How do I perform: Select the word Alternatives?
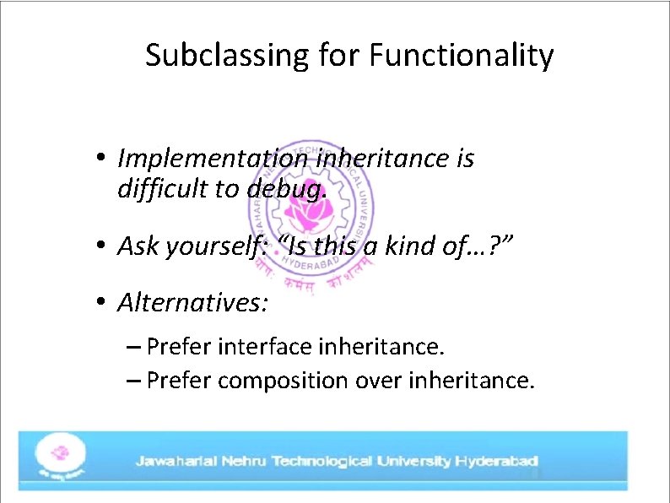point(193,301)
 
